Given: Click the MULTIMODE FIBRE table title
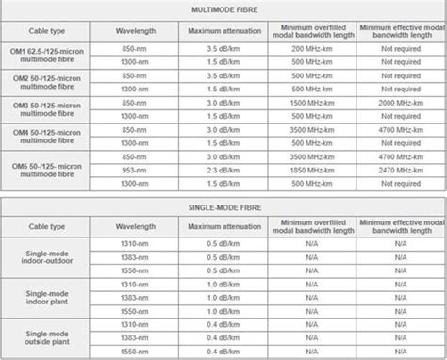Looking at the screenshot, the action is coord(223,10).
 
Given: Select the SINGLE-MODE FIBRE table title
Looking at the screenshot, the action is coord(223,206).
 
